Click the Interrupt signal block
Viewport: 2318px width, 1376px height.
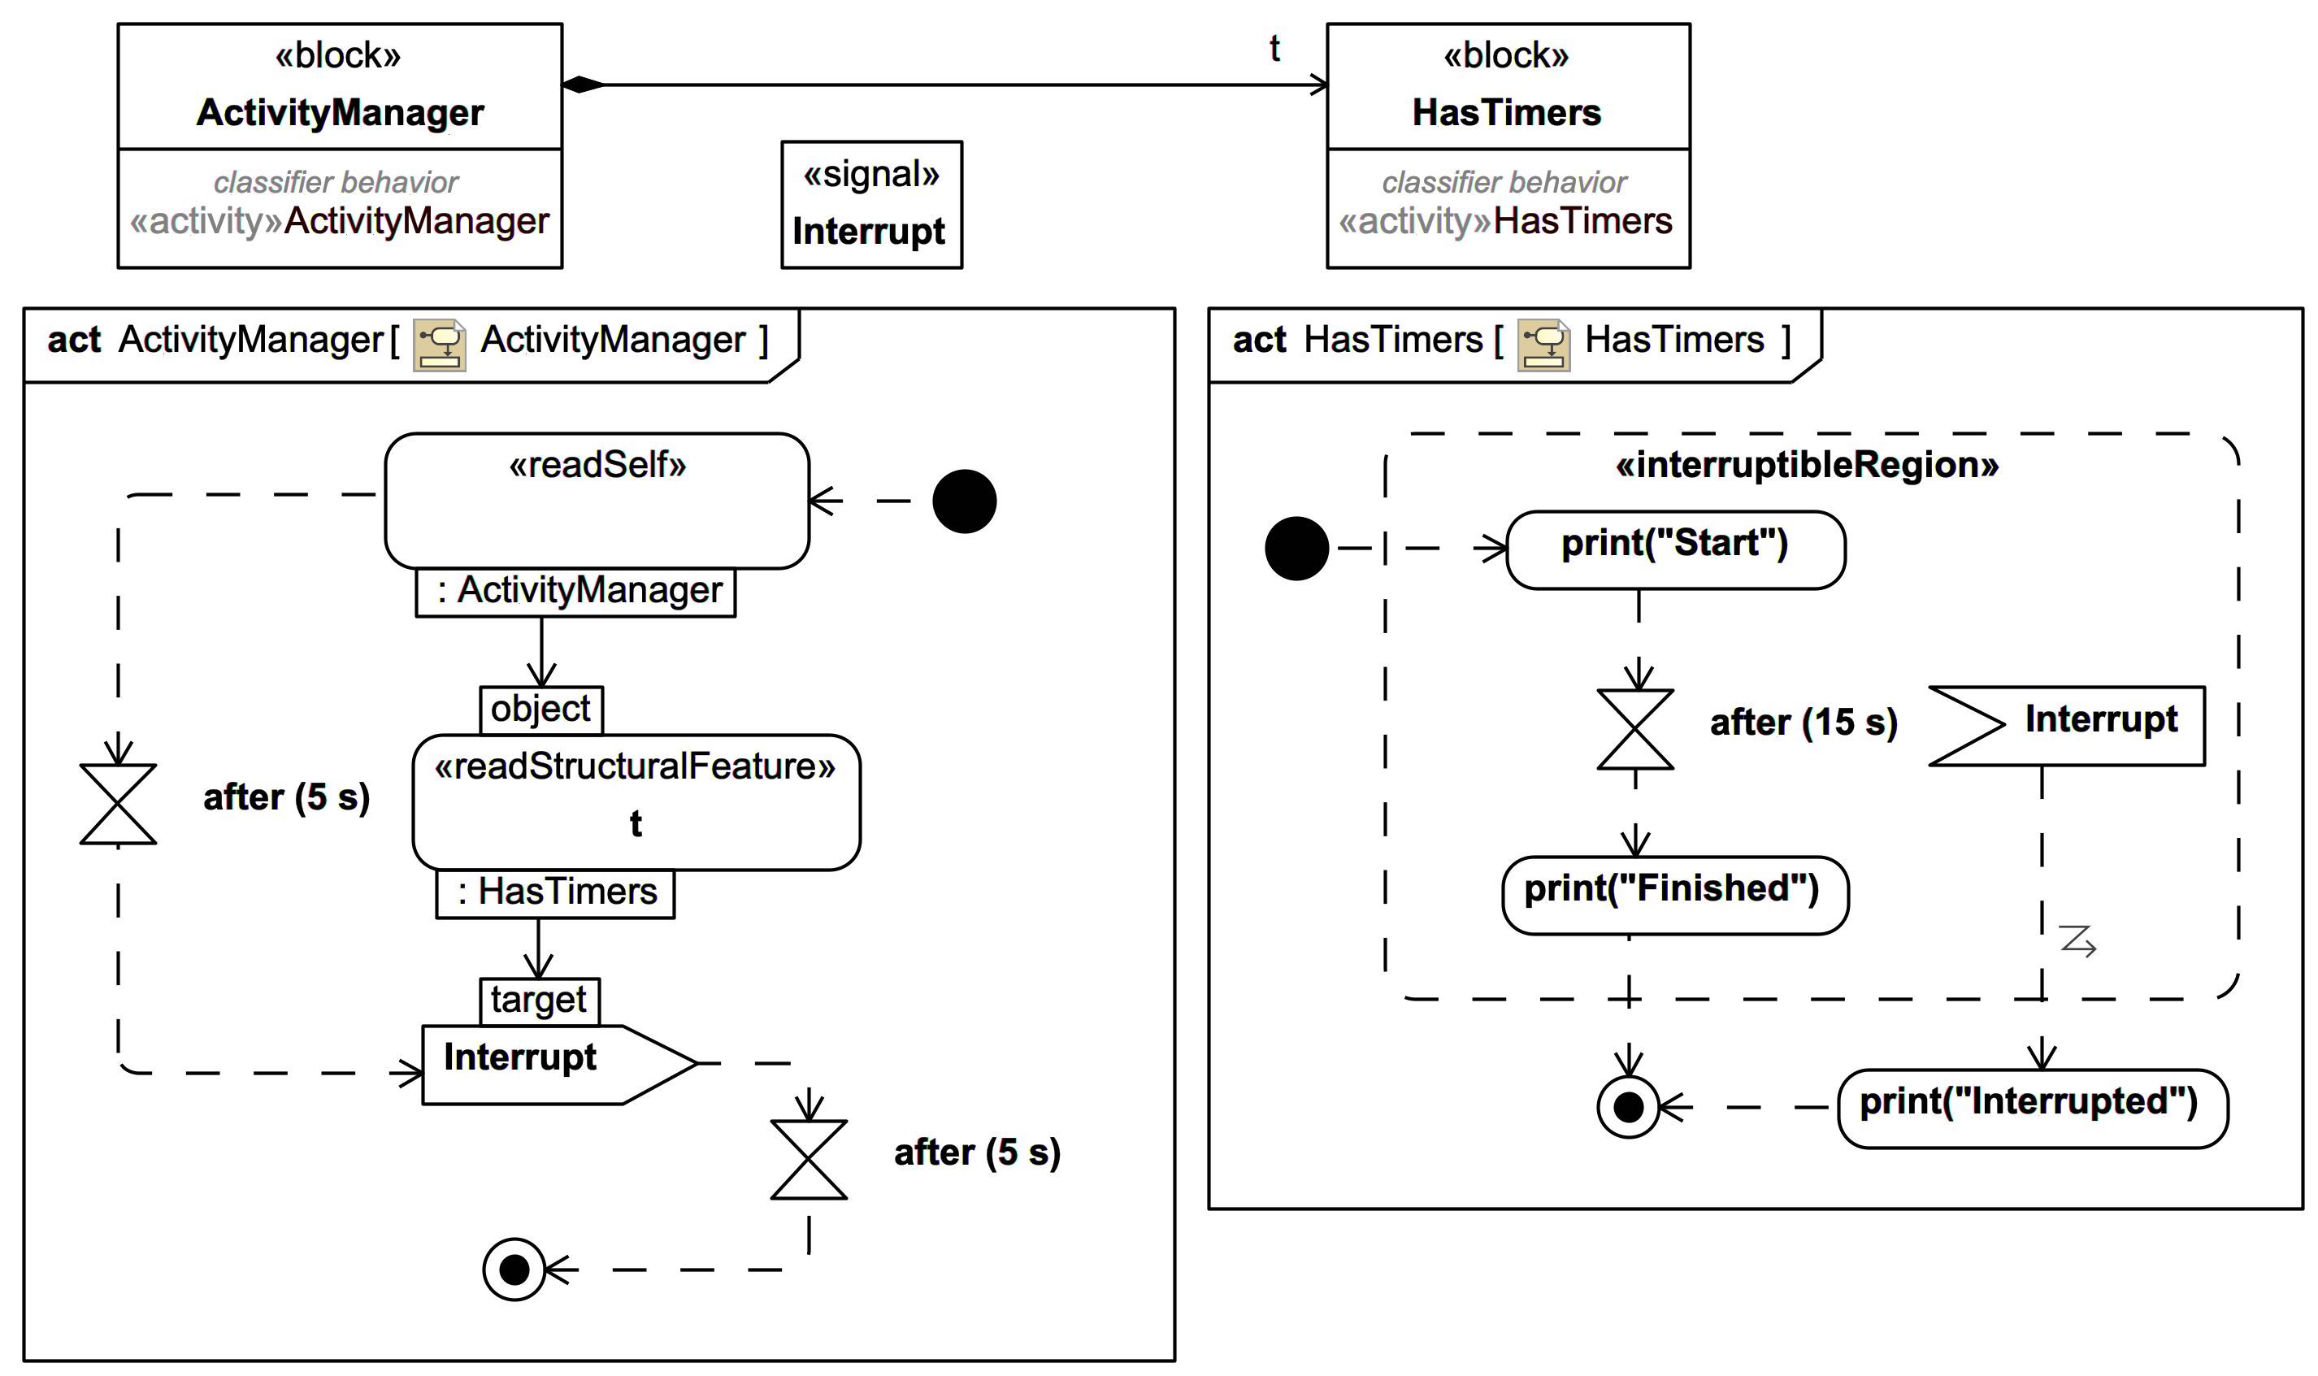(x=870, y=205)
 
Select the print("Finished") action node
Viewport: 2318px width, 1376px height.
(x=1673, y=896)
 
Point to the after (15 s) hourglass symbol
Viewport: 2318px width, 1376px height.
(x=1634, y=729)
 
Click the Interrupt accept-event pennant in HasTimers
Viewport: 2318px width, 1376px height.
(x=2068, y=726)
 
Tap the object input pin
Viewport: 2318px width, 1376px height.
(x=540, y=710)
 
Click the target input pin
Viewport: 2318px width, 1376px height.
(x=539, y=1001)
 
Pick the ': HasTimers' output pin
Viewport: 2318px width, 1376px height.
(x=555, y=893)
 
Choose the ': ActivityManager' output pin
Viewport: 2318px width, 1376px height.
(x=575, y=592)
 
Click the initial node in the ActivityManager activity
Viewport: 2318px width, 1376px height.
(x=964, y=501)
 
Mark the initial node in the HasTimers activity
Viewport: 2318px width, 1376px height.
(x=1296, y=549)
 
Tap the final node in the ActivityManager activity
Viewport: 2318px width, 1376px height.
(x=514, y=1270)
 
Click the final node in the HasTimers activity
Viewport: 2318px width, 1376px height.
(x=1628, y=1107)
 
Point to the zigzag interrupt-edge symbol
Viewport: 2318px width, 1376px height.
(x=2077, y=940)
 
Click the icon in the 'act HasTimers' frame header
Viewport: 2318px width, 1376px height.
(x=1543, y=345)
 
